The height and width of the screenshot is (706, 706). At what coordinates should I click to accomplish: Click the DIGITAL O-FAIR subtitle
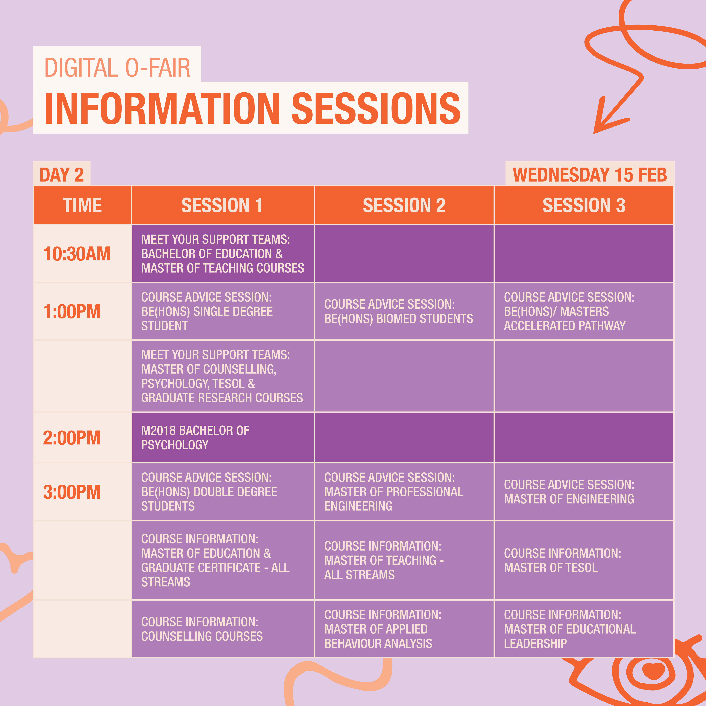tap(117, 68)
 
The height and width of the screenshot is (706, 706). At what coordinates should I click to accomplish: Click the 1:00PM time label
tap(72, 311)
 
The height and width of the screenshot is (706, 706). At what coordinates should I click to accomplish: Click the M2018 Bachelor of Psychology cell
tap(222, 437)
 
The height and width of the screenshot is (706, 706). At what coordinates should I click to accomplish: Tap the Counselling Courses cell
tap(222, 629)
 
